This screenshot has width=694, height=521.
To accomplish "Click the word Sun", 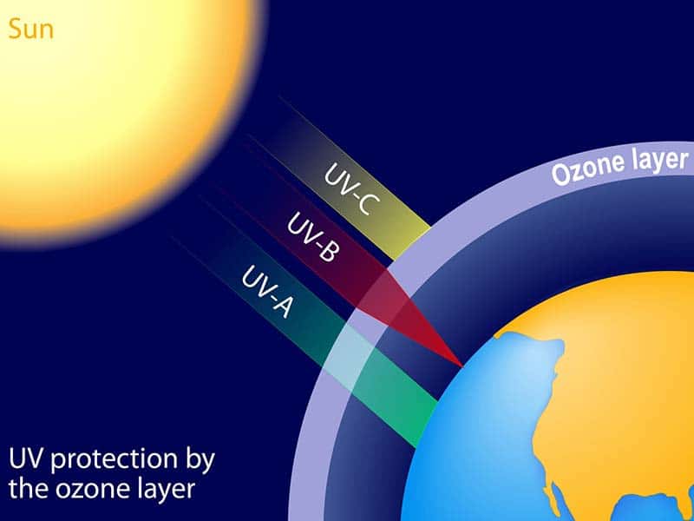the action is (30, 30).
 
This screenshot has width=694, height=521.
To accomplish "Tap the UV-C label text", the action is (352, 188).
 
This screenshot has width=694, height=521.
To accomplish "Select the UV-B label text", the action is (313, 236).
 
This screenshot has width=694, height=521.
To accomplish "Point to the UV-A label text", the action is (267, 292).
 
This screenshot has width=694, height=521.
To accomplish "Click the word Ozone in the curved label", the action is (584, 168).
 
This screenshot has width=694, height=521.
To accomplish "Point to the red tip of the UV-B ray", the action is (462, 366).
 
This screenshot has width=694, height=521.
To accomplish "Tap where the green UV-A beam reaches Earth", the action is (426, 424).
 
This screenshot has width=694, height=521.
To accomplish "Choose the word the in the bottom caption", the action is (29, 490).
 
